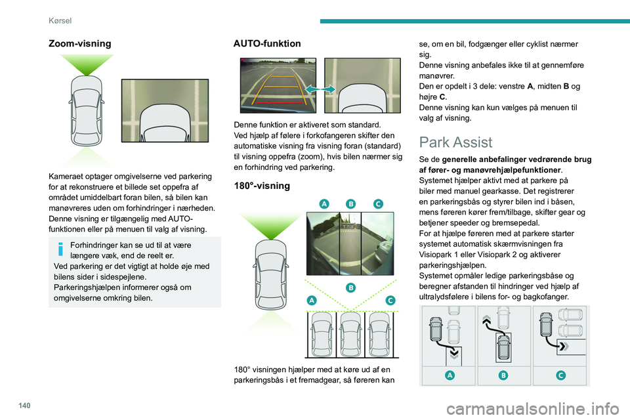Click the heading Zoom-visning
pos(80,43)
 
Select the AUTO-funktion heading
pos(267,43)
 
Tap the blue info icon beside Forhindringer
pos(60,249)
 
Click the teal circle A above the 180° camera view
pos(324,204)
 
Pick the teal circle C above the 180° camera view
pos(378,204)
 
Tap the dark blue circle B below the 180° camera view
pos(351,287)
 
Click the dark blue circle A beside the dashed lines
pos(312,300)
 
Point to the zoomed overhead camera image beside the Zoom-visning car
pos(165,111)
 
